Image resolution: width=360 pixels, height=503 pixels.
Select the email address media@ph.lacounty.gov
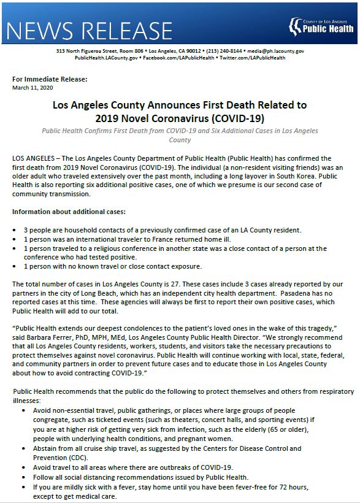click(x=275, y=51)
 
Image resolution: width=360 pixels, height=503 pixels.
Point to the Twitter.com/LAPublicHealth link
click(x=251, y=58)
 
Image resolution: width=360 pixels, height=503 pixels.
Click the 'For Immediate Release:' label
click(x=50, y=79)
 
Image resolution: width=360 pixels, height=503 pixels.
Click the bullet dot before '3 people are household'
click(x=17, y=230)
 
